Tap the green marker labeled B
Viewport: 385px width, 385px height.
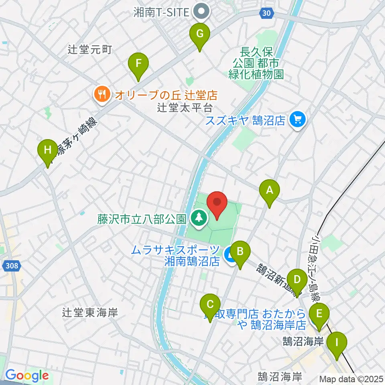[240, 252]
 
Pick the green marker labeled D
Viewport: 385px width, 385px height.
[297, 280]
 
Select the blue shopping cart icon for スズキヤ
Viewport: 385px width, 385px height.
[297, 120]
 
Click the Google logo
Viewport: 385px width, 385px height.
[27, 376]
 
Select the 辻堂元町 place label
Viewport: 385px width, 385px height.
[90, 50]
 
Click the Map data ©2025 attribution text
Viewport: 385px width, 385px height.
[351, 379]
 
